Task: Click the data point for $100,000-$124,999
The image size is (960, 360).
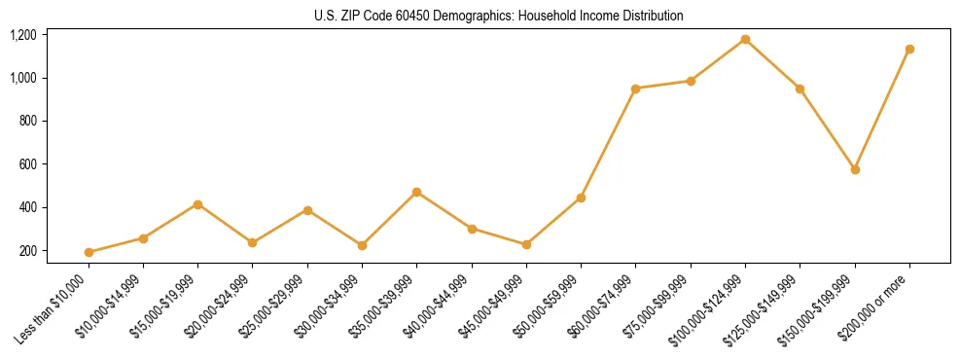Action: click(745, 40)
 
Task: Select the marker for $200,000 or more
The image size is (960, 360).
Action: click(909, 49)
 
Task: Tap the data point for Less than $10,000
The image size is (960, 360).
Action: click(89, 252)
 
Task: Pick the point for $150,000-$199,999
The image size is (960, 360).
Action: click(855, 169)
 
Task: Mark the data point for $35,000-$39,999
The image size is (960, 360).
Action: click(417, 192)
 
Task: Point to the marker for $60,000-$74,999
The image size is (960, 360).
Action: click(635, 89)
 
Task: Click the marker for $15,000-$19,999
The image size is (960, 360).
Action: click(197, 204)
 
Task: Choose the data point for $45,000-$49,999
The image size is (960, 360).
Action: click(526, 244)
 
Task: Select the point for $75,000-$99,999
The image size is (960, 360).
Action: click(691, 81)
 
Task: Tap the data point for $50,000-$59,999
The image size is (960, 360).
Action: click(581, 198)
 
